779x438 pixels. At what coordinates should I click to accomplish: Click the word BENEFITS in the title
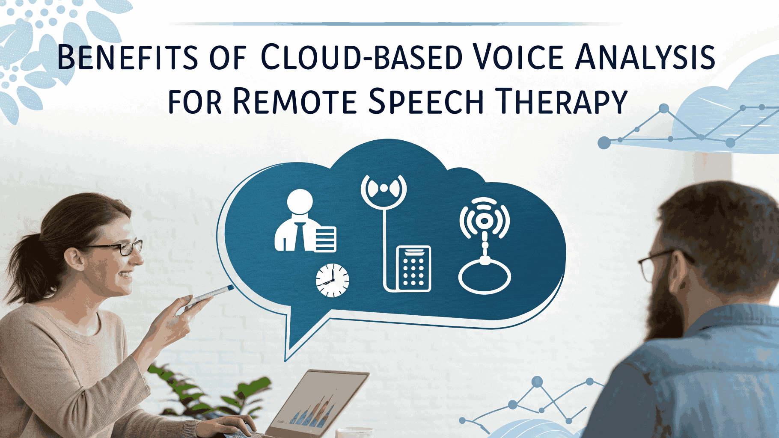[128, 57]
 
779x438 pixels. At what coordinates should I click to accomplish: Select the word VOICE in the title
[518, 57]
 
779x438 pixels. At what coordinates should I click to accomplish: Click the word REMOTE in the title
[295, 101]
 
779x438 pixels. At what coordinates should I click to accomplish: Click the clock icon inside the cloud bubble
[332, 281]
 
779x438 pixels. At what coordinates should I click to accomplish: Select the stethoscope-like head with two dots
[384, 191]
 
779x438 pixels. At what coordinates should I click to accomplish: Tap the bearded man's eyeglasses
[659, 263]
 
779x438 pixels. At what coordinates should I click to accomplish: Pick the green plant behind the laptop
[205, 391]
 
